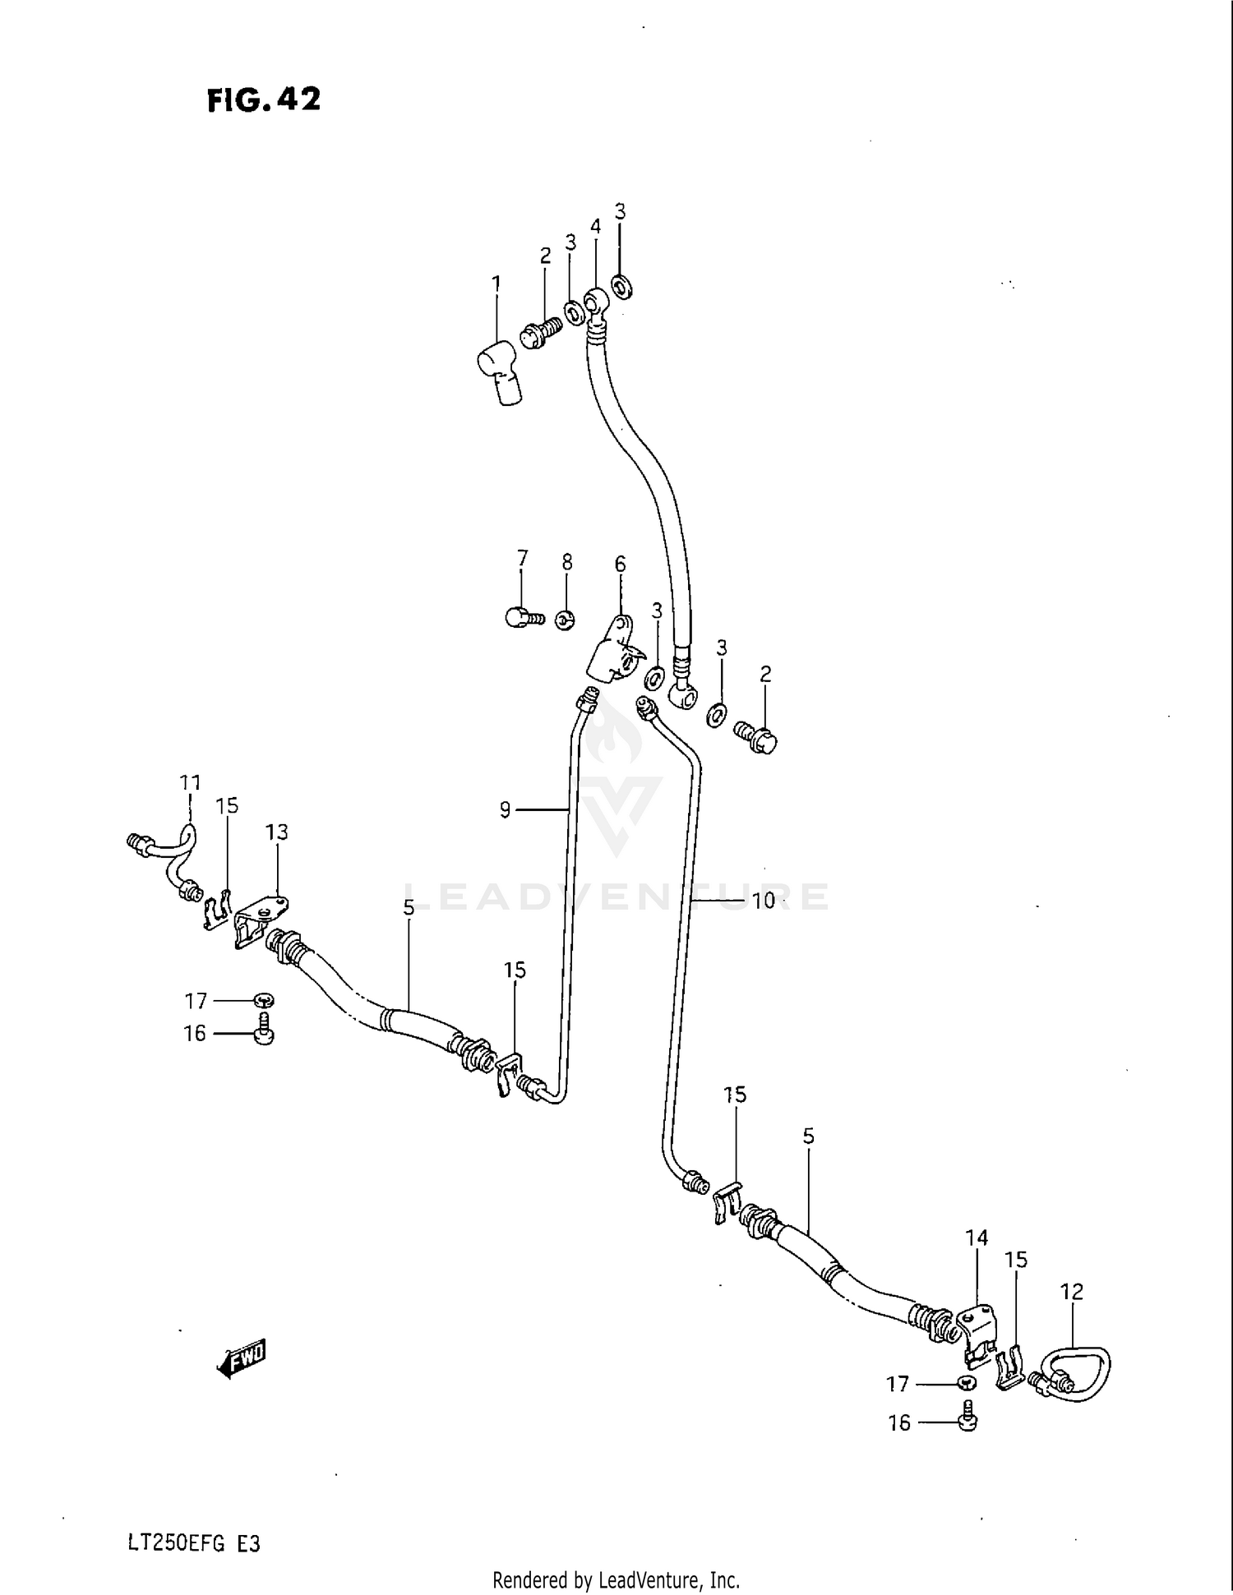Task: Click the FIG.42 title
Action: (x=263, y=100)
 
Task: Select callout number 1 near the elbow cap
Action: (x=496, y=284)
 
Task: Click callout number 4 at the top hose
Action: (x=595, y=227)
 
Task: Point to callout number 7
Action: (x=523, y=559)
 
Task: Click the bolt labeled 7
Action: (x=524, y=616)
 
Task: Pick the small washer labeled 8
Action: (x=565, y=620)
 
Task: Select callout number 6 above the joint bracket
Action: (x=620, y=564)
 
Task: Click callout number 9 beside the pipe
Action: (x=506, y=810)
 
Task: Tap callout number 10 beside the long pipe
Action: (x=764, y=901)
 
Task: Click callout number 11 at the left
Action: (x=190, y=782)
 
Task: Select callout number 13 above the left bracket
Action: (x=277, y=832)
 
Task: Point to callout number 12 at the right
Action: (x=1072, y=1292)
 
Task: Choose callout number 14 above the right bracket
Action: (x=977, y=1238)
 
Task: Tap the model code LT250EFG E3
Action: (x=194, y=1543)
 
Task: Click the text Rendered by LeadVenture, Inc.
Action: (x=616, y=1579)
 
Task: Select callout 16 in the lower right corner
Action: (x=899, y=1422)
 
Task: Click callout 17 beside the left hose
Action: (x=196, y=1001)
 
